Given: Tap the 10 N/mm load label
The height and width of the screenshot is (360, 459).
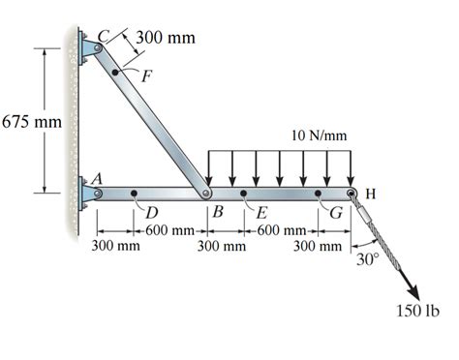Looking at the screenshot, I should pyautogui.click(x=319, y=135).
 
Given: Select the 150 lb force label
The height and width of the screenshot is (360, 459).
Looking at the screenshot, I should pyautogui.click(x=418, y=312).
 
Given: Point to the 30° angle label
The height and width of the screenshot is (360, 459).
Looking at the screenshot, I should pyautogui.click(x=366, y=259).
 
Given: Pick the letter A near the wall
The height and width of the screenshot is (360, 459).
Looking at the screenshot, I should pyautogui.click(x=97, y=177).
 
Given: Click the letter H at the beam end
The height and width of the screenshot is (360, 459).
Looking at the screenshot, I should pyautogui.click(x=371, y=194).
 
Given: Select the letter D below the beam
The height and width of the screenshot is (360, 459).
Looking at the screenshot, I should pyautogui.click(x=151, y=212).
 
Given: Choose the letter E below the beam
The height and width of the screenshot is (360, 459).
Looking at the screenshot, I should pyautogui.click(x=260, y=212).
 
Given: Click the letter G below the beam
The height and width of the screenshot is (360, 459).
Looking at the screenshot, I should pyautogui.click(x=335, y=212).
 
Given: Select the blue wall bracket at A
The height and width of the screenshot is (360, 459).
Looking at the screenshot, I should pyautogui.click(x=90, y=194).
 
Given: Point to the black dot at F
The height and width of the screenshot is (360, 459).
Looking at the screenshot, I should pyautogui.click(x=117, y=71).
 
